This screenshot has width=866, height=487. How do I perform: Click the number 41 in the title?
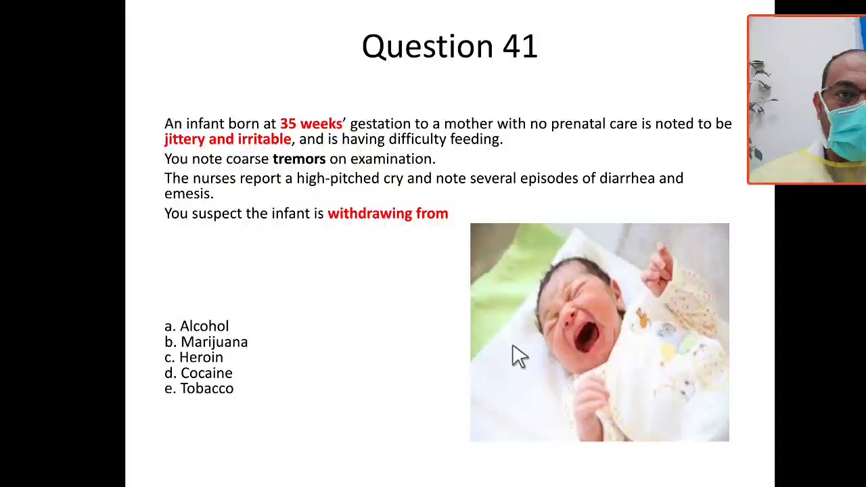520,47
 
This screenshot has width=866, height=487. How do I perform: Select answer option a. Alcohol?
197,326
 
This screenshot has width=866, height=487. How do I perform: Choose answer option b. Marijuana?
206,342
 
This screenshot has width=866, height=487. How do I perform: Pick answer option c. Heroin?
194,357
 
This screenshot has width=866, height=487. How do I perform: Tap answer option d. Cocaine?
199,373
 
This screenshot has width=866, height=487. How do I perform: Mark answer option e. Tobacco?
199,388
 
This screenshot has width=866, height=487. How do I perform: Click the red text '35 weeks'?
311,124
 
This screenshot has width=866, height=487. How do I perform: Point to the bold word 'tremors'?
299,159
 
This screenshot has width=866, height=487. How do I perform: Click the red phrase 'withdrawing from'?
388,214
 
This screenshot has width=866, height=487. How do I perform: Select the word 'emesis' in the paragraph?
187,194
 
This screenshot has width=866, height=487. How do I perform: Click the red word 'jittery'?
184,139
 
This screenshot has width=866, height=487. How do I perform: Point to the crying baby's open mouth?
586,336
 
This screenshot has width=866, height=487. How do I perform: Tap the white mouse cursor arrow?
518,356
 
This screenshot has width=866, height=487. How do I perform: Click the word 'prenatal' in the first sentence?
578,124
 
